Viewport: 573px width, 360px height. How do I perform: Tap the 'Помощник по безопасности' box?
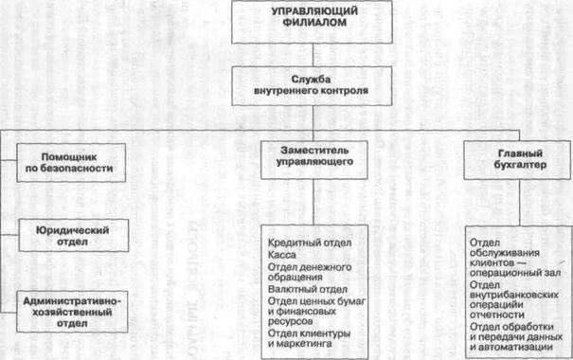pos(71,162)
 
